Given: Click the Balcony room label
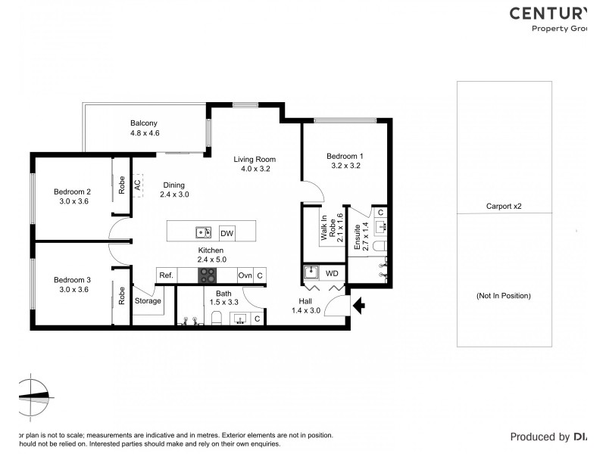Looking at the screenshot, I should click(144, 123).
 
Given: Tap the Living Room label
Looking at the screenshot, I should click(255, 160).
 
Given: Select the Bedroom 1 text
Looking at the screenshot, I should click(345, 156).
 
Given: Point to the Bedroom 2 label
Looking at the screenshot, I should click(72, 191).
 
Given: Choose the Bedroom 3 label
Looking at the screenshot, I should click(72, 280).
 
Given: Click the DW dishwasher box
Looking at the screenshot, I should click(226, 233).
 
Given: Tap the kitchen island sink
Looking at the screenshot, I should click(202, 232).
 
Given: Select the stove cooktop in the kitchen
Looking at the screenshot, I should click(208, 276).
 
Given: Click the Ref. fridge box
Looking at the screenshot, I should click(167, 276).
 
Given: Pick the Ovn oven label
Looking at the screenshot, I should click(245, 276).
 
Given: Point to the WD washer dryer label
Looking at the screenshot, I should click(332, 272).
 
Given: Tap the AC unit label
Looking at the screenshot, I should click(137, 184).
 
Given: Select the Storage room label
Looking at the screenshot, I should click(148, 300).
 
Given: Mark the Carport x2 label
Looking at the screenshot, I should click(504, 206).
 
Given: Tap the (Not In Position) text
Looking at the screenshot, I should click(504, 295).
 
